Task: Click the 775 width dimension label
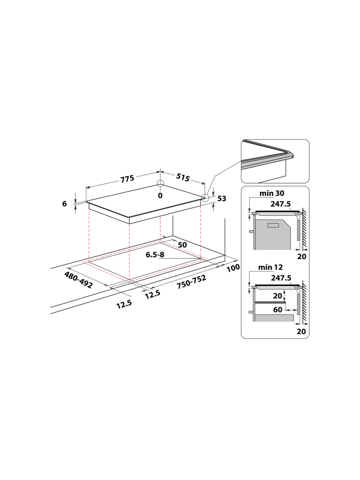click(x=127, y=178)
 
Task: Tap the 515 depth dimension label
click(x=183, y=178)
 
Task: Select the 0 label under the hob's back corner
click(x=160, y=195)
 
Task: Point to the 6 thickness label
click(x=64, y=203)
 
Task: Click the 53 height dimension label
click(x=222, y=199)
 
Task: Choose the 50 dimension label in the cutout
click(x=182, y=245)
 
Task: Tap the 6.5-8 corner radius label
click(x=155, y=255)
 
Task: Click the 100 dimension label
click(x=233, y=268)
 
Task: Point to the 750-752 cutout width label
click(x=191, y=282)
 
